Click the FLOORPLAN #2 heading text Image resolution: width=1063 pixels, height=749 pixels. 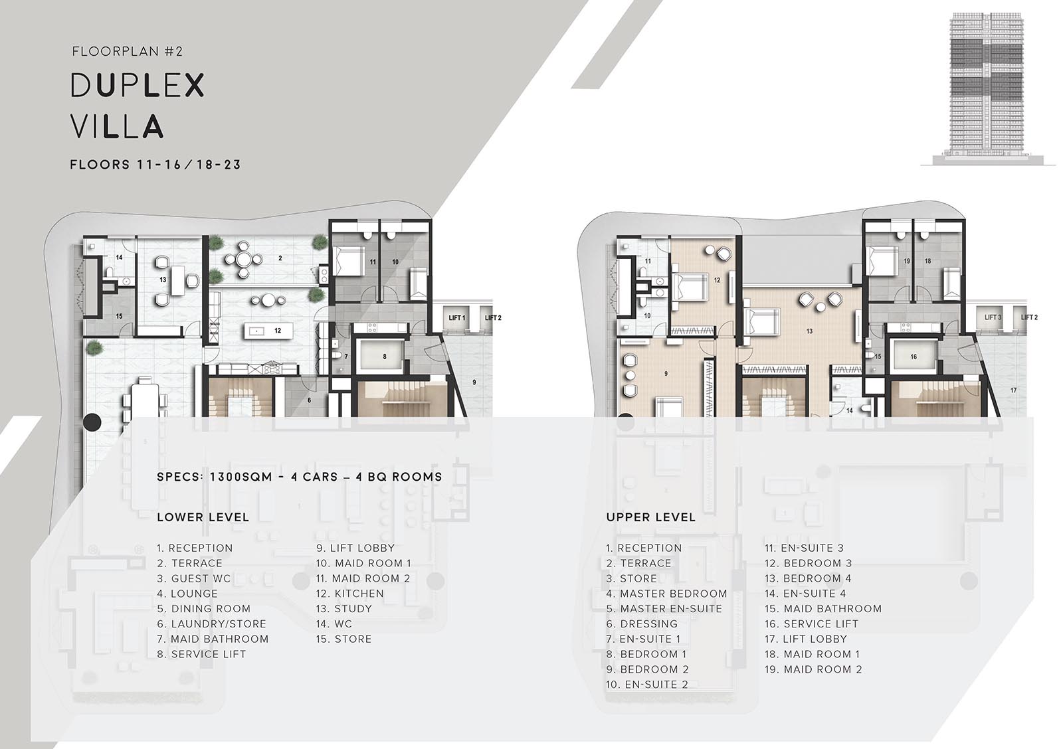[x=127, y=51]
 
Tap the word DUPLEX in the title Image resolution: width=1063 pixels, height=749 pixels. [x=138, y=86]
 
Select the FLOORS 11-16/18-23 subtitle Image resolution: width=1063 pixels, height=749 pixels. [x=155, y=165]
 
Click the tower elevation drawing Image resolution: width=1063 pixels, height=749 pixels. [x=987, y=89]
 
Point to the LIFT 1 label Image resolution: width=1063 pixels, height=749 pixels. [x=456, y=318]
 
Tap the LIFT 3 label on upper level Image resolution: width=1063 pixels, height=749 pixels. [x=993, y=317]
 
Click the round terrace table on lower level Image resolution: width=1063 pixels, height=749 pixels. [x=243, y=259]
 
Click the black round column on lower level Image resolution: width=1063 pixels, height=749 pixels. [x=92, y=422]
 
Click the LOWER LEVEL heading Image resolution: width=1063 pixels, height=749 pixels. [x=203, y=517]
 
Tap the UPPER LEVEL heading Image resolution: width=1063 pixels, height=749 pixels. [x=650, y=517]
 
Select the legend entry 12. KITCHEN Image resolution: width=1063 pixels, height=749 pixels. [x=349, y=594]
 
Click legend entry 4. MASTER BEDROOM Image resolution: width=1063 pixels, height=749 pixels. [x=666, y=594]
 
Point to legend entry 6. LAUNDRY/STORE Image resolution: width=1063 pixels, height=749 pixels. [x=212, y=624]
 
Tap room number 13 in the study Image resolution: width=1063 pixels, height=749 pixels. [x=163, y=280]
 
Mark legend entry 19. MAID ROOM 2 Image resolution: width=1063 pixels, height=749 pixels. [x=813, y=669]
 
